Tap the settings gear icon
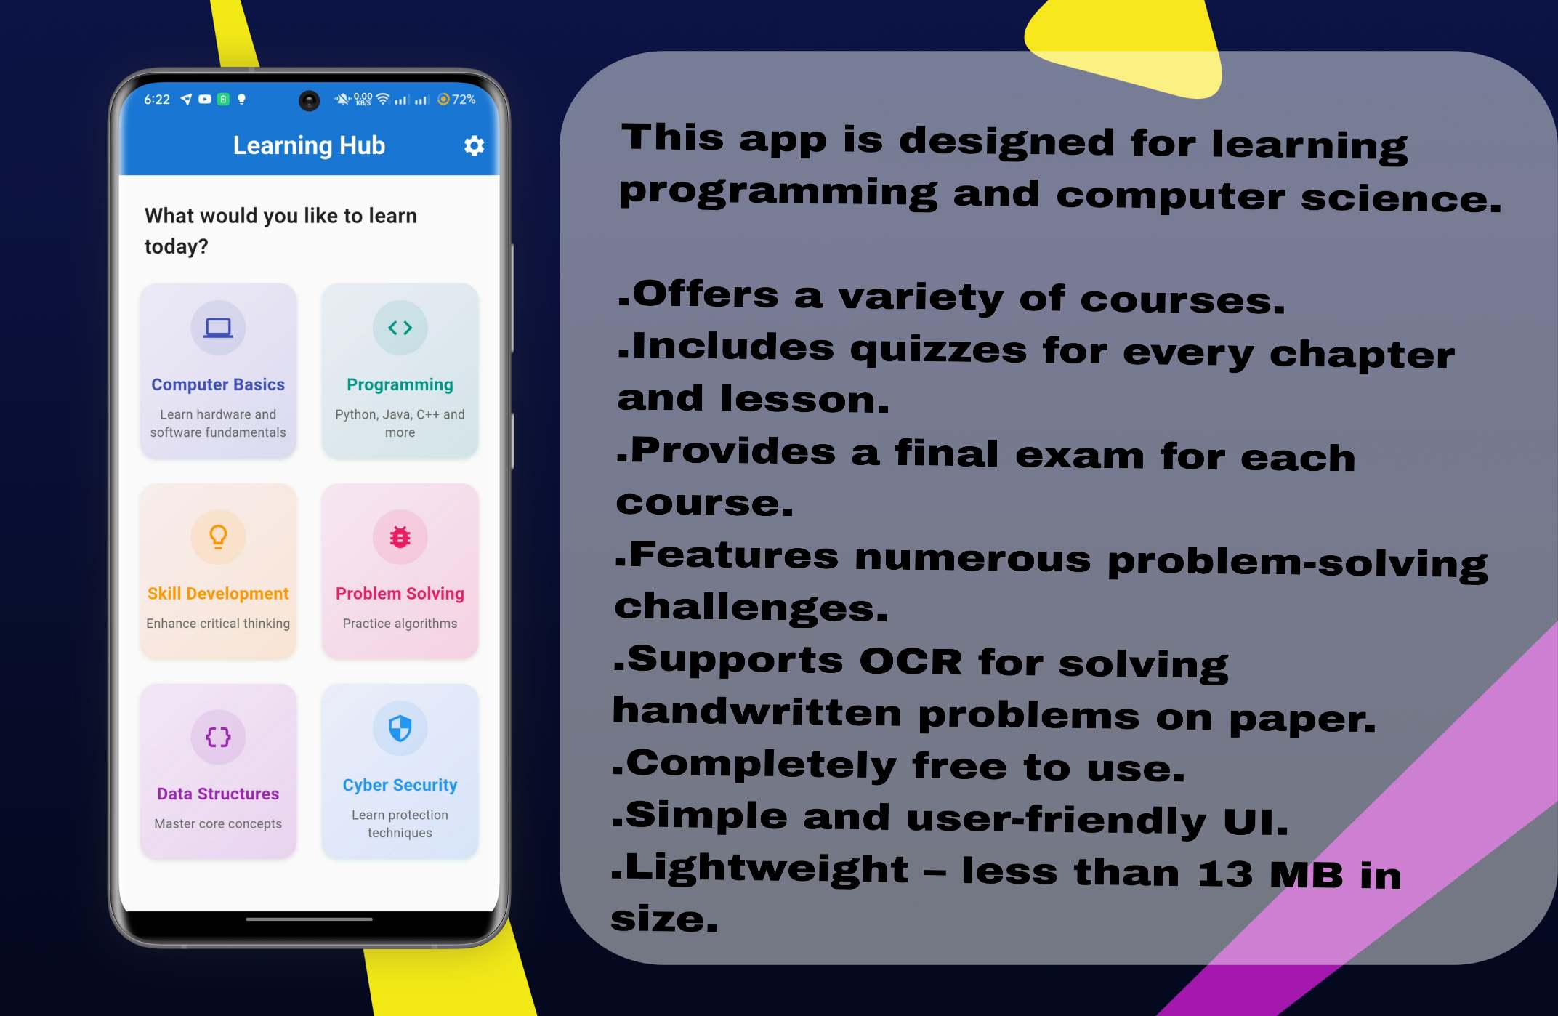point(474,146)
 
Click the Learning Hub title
point(309,145)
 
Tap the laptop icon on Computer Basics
point(218,328)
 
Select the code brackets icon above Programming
point(400,328)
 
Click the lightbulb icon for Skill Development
point(218,537)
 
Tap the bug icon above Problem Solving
point(400,537)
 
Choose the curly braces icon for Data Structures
point(218,737)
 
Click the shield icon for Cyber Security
point(400,728)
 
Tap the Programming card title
point(400,384)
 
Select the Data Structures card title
point(218,794)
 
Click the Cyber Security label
point(400,785)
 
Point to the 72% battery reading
point(464,99)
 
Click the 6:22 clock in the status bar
point(157,100)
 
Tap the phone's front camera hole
point(309,100)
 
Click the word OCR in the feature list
point(911,661)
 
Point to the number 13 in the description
point(1225,874)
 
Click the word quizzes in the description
point(938,350)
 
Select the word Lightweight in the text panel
point(767,869)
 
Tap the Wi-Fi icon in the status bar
point(382,99)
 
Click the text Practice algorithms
point(400,624)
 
